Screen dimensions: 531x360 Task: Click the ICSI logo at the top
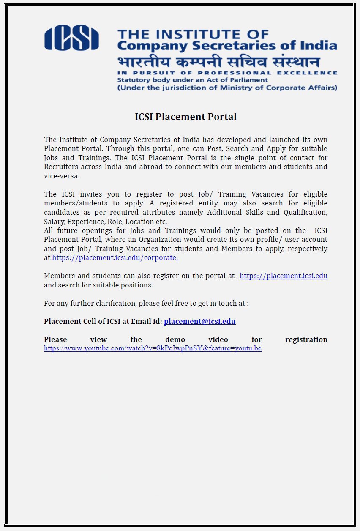pyautogui.click(x=71, y=38)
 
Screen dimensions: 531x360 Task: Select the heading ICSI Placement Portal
pyautogui.click(x=185, y=117)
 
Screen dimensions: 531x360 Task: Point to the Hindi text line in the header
pyautogui.click(x=218, y=62)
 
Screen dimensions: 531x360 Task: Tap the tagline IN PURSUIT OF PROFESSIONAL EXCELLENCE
pyautogui.click(x=227, y=73)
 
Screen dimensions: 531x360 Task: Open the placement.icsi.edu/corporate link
pyautogui.click(x=114, y=257)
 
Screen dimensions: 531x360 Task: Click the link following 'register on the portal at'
pyautogui.click(x=284, y=276)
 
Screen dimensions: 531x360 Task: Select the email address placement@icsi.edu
pyautogui.click(x=199, y=321)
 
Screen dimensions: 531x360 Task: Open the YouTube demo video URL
pyautogui.click(x=153, y=348)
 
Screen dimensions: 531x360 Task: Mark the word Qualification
pyautogui.click(x=305, y=212)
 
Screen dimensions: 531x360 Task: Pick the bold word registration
pyautogui.click(x=306, y=339)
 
